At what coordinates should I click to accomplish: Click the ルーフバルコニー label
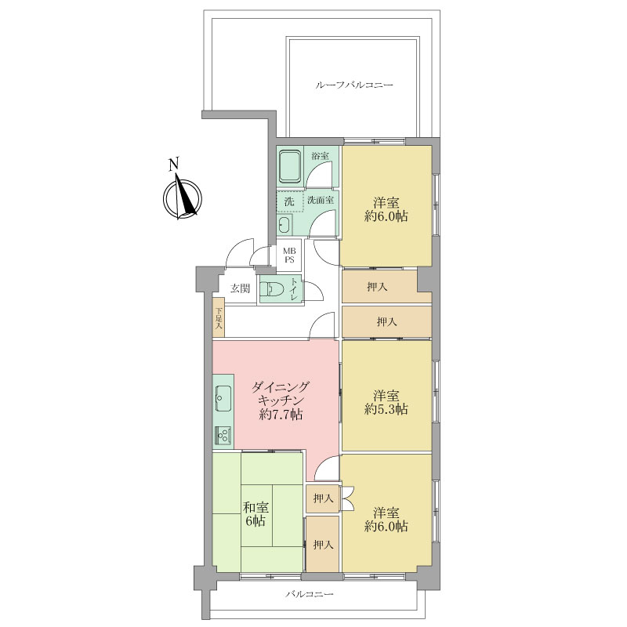click(x=354, y=85)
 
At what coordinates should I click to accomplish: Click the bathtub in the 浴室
click(x=289, y=166)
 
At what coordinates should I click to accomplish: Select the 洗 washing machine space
click(x=289, y=201)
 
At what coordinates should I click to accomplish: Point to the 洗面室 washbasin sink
click(x=285, y=225)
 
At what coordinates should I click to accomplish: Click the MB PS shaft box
click(x=289, y=256)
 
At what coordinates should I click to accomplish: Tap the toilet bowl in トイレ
click(x=273, y=288)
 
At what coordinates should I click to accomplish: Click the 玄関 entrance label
click(x=240, y=288)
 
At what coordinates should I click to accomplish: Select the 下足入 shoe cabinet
click(x=219, y=318)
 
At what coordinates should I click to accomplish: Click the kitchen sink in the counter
click(x=223, y=398)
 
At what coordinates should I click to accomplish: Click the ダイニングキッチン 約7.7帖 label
click(x=281, y=400)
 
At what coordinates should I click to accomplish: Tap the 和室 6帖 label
click(x=256, y=514)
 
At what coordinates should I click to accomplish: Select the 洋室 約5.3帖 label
click(x=386, y=403)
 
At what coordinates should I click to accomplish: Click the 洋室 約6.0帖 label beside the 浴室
click(x=386, y=209)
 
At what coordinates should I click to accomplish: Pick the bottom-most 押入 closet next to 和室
click(x=323, y=544)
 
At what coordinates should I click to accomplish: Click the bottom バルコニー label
click(x=309, y=594)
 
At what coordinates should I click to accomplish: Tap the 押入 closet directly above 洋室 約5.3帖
click(x=386, y=321)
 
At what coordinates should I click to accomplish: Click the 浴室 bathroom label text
click(x=321, y=156)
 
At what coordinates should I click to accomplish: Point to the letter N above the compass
click(x=174, y=165)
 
